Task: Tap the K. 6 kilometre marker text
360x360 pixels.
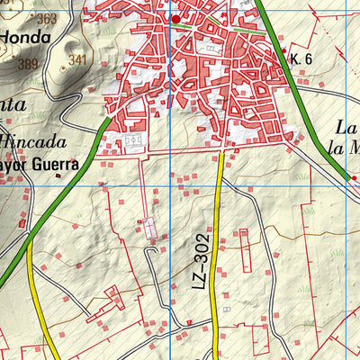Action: point(301,58)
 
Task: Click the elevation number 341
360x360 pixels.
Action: point(77,61)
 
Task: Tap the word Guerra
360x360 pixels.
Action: point(50,165)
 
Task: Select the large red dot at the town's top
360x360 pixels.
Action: point(177,18)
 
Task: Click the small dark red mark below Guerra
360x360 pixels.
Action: point(59,176)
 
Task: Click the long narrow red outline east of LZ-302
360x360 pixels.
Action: point(244,252)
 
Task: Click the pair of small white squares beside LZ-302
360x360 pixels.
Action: point(226,309)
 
